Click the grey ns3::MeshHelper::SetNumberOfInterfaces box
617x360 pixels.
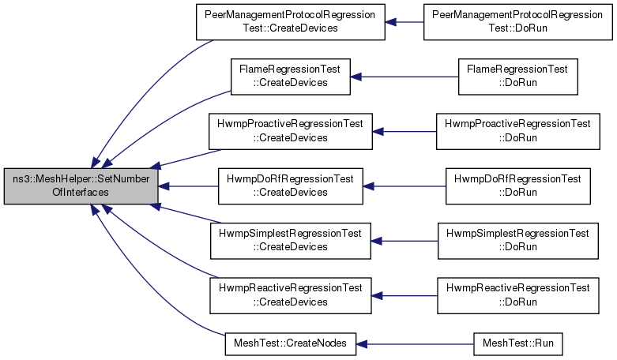[81, 186]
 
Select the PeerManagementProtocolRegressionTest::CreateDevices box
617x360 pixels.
[291, 22]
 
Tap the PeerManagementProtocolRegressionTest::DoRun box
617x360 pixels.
[517, 22]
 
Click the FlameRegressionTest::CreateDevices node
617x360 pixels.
[291, 77]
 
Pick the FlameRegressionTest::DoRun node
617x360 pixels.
[517, 77]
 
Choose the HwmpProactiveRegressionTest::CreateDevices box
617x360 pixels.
[291, 132]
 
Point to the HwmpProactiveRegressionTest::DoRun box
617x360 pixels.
[517, 132]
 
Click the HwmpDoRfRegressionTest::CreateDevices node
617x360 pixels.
[291, 186]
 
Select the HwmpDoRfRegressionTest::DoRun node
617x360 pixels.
[517, 186]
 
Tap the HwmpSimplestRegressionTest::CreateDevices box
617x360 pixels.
[291, 241]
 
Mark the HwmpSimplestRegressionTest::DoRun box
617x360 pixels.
[517, 241]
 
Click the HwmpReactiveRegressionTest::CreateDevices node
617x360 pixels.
[291, 295]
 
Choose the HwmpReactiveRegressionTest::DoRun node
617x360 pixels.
[517, 295]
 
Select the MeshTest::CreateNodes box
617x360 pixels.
[291, 344]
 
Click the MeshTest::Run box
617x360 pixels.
[517, 344]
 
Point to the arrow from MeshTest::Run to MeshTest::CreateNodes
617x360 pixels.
[415, 344]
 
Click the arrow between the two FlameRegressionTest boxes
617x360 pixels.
[404, 77]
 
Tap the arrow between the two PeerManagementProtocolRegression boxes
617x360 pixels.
[404, 22]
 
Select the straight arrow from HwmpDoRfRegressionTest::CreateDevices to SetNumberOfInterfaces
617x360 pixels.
[188, 186]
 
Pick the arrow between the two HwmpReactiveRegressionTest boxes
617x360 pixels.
[404, 295]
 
